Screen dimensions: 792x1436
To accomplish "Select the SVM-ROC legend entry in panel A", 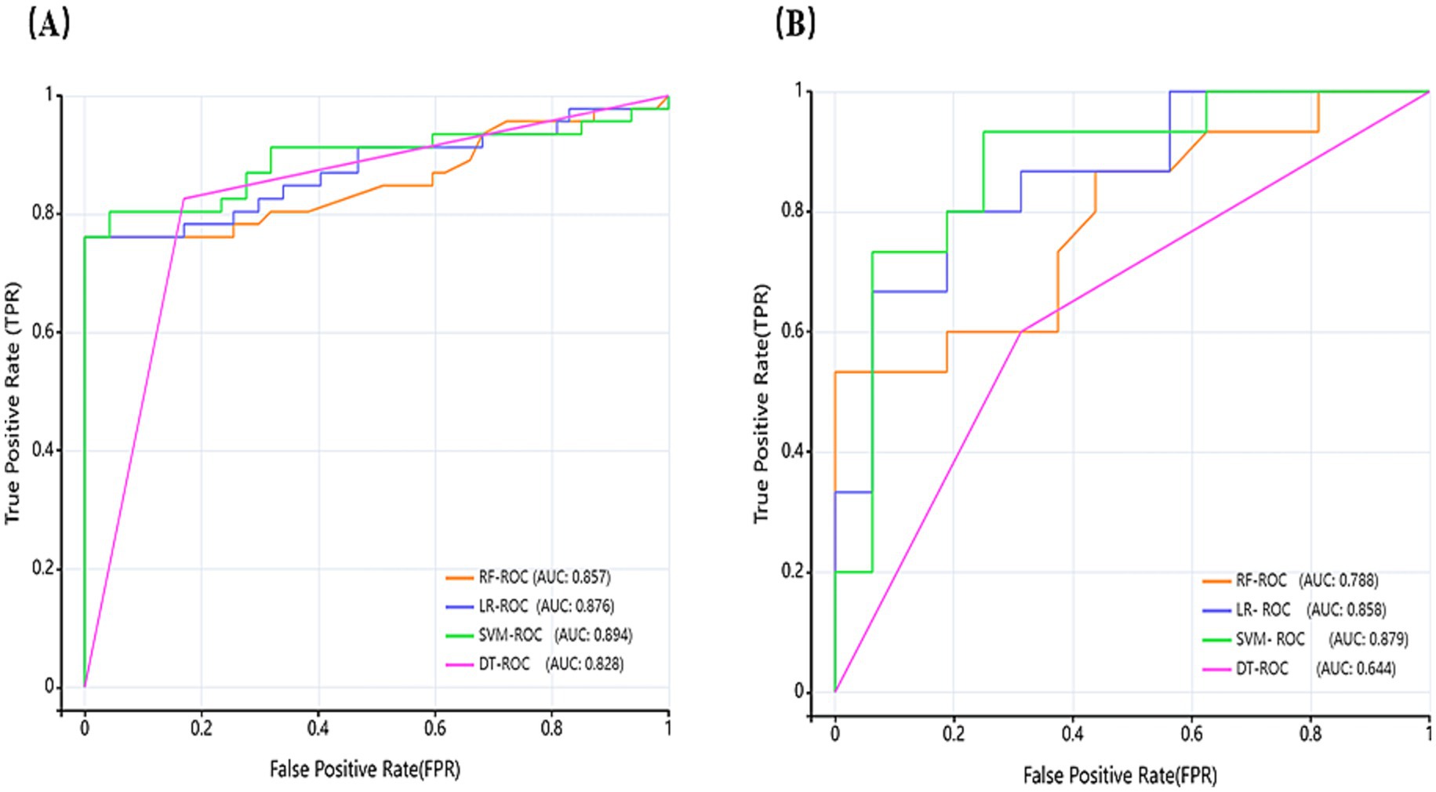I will point(511,634).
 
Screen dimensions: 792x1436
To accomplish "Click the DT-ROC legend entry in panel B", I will point(1262,669).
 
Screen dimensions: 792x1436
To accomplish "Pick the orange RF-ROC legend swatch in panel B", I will point(1216,581).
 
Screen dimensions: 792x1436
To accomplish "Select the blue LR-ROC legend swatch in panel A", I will point(460,606).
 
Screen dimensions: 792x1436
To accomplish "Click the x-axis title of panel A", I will point(365,769).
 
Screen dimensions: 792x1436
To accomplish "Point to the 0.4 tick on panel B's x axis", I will point(1072,734).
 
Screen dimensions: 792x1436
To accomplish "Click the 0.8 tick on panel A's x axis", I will point(552,728).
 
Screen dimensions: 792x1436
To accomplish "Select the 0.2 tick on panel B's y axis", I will point(793,572).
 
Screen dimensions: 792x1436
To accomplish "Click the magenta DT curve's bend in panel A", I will point(184,198).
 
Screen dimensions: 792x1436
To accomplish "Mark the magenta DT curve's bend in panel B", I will point(1021,331).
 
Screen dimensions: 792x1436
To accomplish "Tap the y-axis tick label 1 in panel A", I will point(49,95).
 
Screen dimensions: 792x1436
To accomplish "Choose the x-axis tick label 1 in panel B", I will point(1428,734).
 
